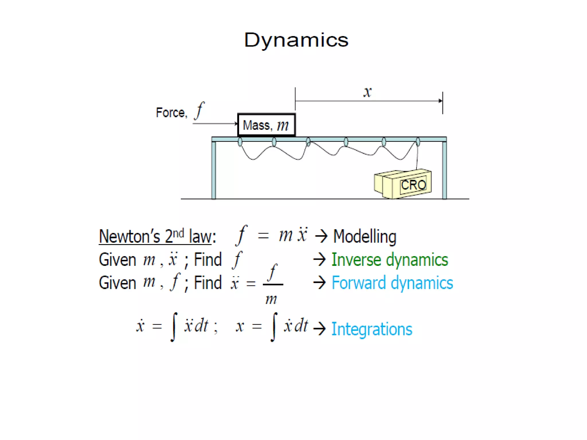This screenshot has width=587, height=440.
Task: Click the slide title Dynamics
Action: (x=296, y=40)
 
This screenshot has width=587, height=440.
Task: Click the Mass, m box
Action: (x=266, y=125)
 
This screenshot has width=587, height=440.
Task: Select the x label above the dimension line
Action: (x=367, y=92)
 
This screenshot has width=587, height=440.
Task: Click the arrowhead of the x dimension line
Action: (x=440, y=101)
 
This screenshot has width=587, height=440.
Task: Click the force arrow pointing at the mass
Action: (x=215, y=124)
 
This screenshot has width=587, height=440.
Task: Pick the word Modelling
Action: (x=365, y=237)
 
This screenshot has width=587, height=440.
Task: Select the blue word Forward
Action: (x=359, y=283)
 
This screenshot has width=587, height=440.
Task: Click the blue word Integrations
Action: (x=372, y=329)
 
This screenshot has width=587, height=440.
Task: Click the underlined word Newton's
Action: (x=129, y=237)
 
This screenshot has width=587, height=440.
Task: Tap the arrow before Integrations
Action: (x=320, y=329)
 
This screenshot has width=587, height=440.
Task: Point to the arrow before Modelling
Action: (x=321, y=237)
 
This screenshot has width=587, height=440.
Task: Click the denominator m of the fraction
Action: (x=271, y=299)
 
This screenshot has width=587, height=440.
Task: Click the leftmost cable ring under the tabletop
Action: (x=240, y=142)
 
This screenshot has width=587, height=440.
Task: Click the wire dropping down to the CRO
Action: (x=417, y=158)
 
